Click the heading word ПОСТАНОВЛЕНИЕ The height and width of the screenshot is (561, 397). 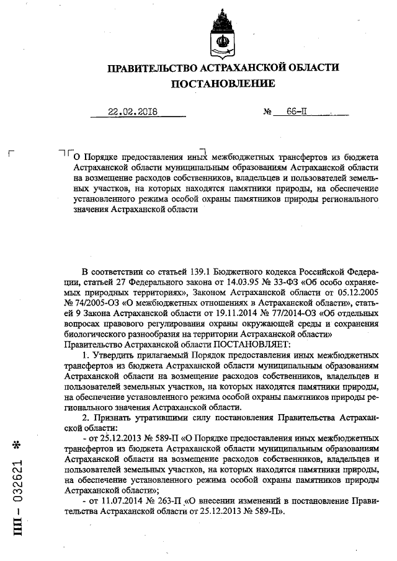point(223,83)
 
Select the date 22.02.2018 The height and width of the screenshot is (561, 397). point(133,112)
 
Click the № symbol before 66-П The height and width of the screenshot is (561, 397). point(269,113)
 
